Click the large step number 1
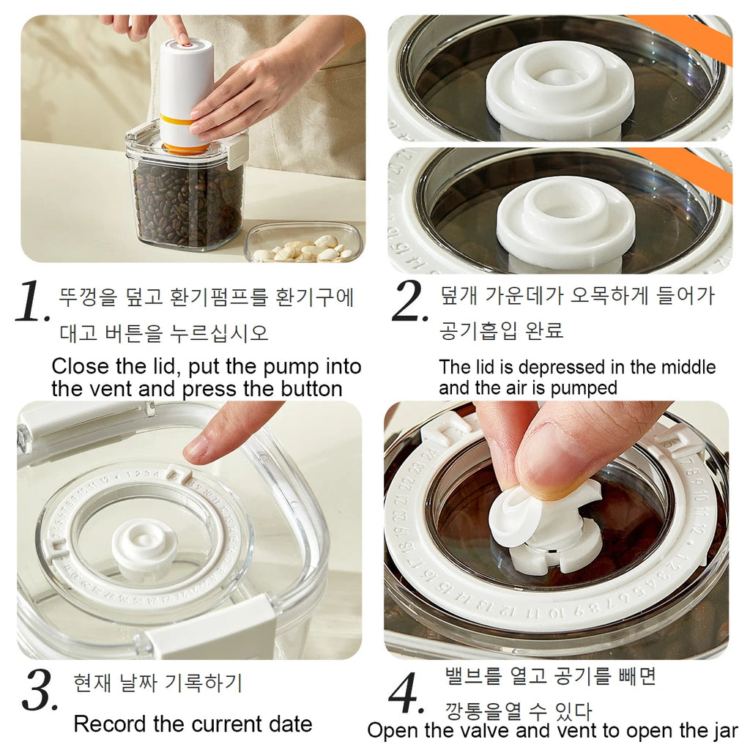32,302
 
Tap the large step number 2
409,301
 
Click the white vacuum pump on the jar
185,88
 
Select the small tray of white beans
303,243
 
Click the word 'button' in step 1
307,389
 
